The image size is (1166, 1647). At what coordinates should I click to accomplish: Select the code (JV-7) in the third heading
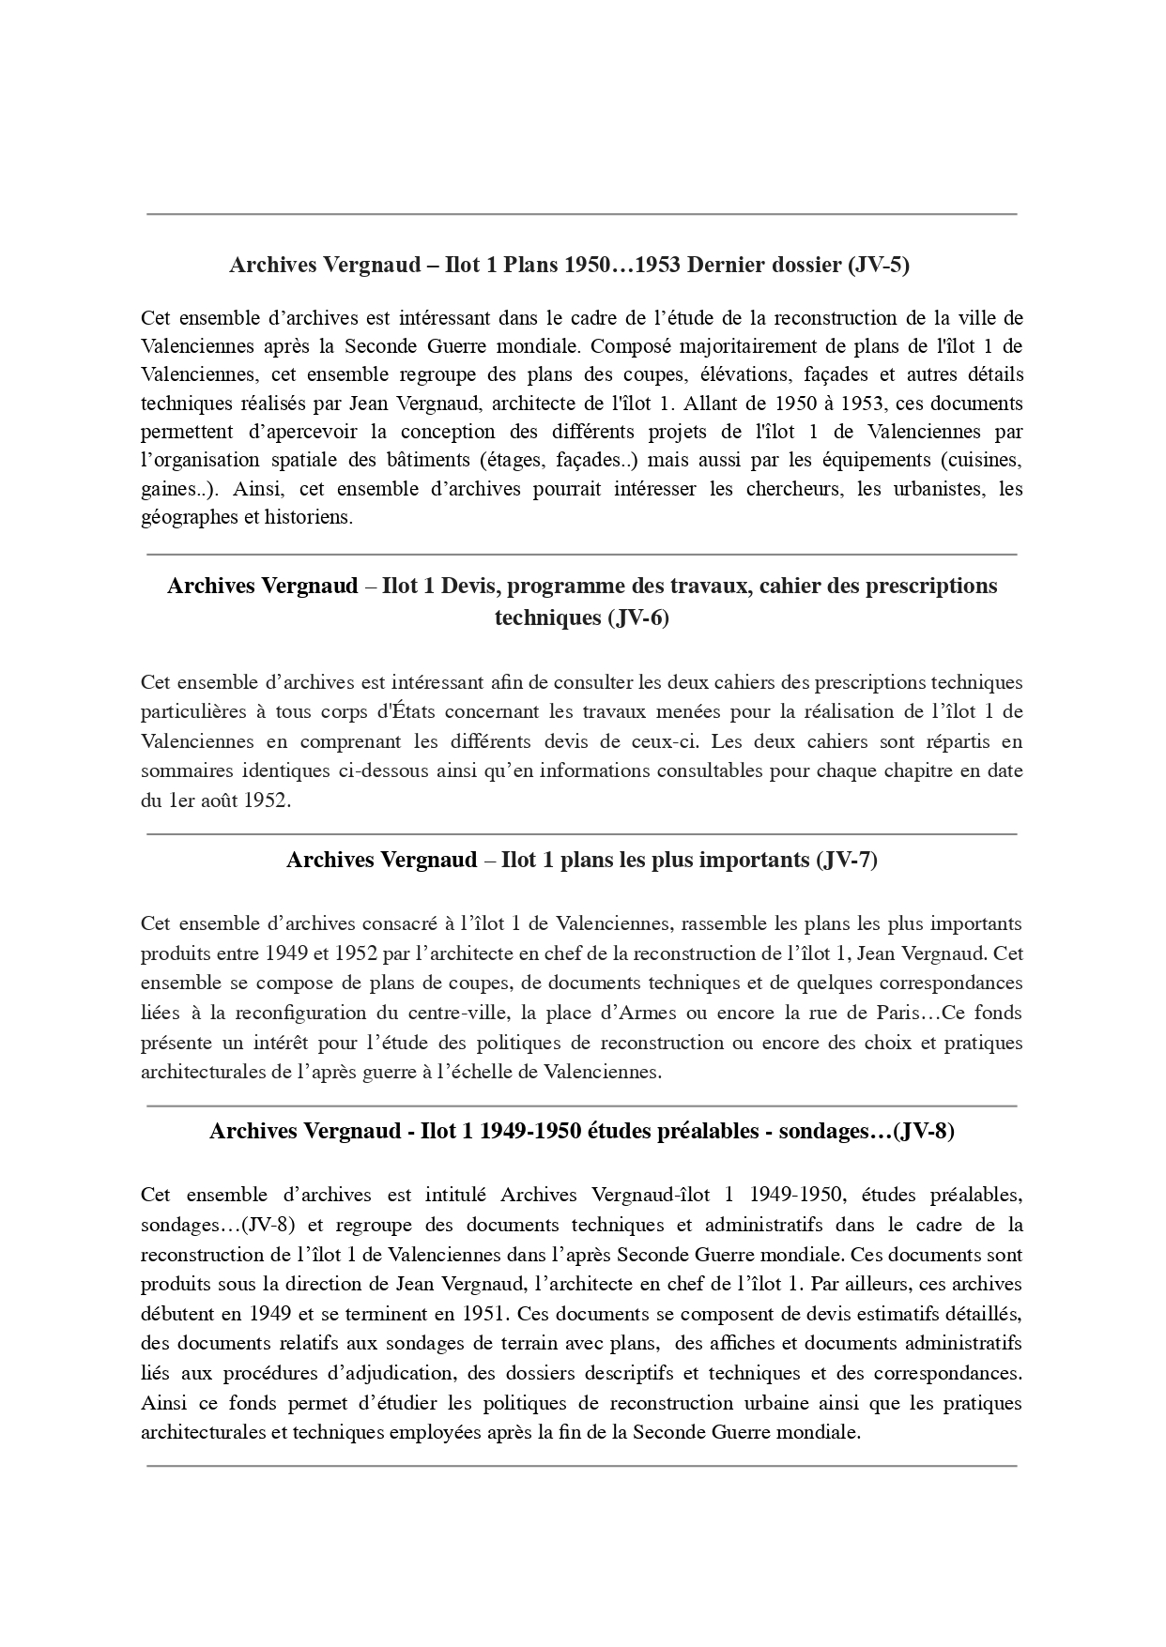(x=846, y=860)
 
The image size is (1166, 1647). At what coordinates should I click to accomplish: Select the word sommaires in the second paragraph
(x=187, y=771)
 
